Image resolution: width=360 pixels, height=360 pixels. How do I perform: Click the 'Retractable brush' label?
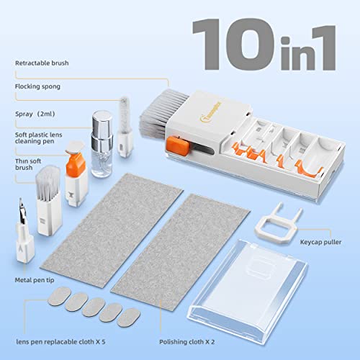(42, 63)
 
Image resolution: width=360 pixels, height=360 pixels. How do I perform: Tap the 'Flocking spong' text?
(37, 86)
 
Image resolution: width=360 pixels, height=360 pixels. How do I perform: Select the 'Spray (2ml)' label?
(35, 114)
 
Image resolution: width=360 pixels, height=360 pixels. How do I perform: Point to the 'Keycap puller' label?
(320, 242)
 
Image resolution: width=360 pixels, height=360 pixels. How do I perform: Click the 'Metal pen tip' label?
(35, 280)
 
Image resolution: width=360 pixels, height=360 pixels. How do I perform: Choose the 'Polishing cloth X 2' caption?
(187, 342)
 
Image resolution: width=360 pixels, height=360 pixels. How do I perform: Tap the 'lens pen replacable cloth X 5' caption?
(60, 342)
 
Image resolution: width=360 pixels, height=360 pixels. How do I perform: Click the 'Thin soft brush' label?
(28, 164)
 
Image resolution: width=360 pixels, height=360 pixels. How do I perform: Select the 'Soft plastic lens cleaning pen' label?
(38, 138)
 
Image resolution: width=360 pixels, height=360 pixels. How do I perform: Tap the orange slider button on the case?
(178, 145)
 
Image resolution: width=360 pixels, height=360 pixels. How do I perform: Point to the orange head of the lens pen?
(76, 165)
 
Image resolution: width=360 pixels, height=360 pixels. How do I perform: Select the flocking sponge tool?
(125, 127)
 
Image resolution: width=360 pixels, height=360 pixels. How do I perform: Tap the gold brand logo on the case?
(211, 112)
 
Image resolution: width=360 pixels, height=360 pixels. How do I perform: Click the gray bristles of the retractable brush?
(161, 109)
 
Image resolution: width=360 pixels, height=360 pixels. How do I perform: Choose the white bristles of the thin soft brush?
(48, 183)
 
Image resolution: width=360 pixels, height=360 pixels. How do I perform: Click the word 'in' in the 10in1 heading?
(294, 53)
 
